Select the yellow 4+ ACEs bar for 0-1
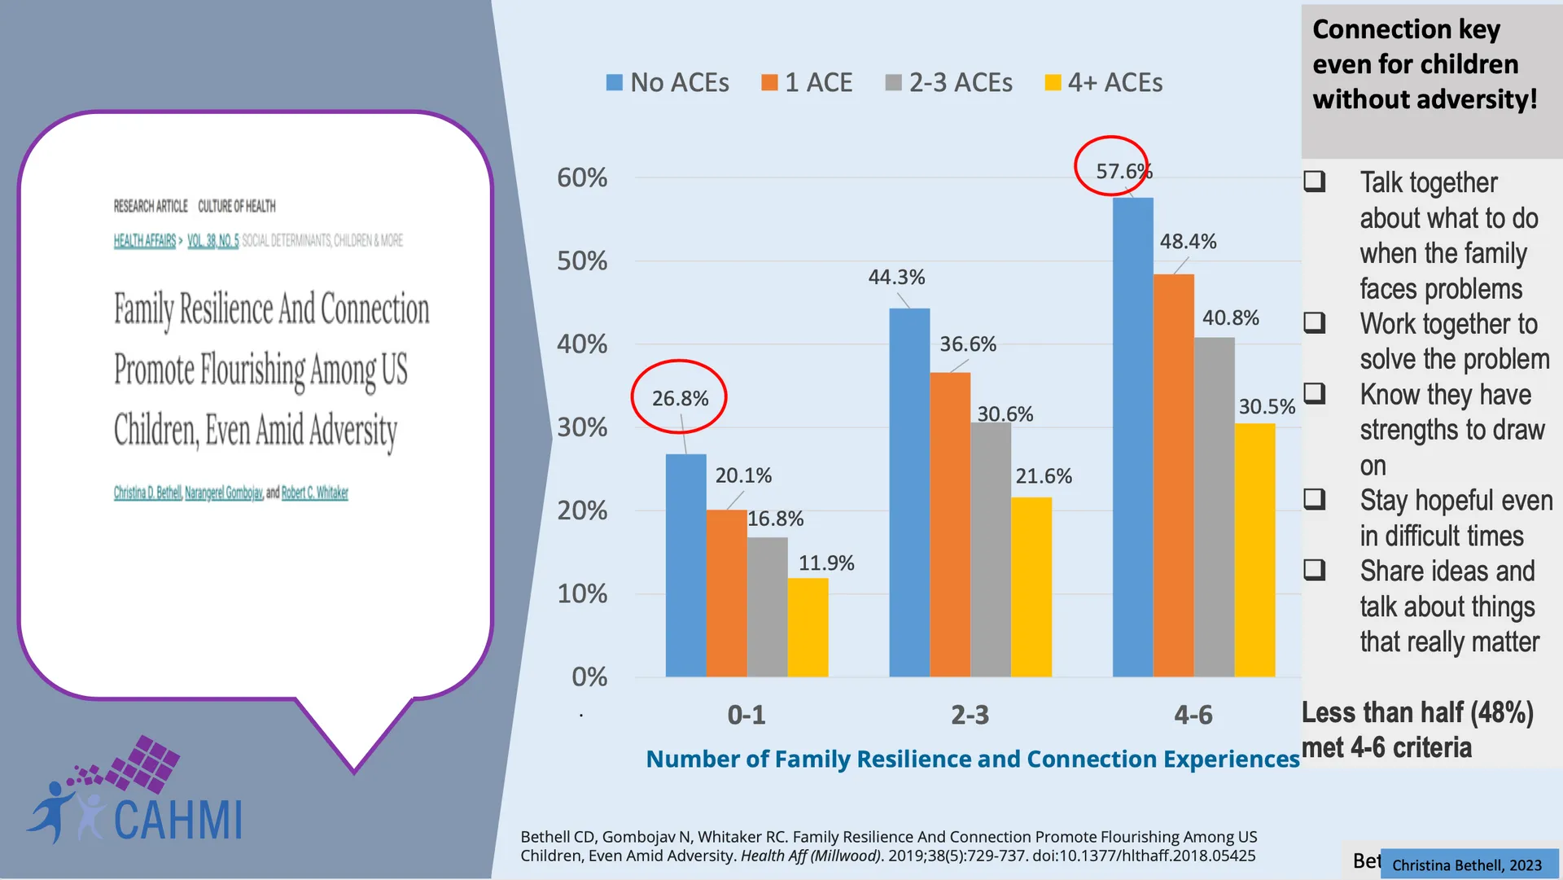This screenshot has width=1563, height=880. click(x=808, y=628)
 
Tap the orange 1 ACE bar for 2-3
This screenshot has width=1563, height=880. click(x=950, y=524)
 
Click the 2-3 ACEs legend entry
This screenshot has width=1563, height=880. click(x=949, y=83)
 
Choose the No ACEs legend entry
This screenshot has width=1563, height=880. click(x=668, y=83)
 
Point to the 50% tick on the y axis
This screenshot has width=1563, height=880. click(x=582, y=261)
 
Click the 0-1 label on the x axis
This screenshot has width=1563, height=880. click(x=746, y=715)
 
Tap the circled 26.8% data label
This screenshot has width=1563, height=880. click(x=680, y=398)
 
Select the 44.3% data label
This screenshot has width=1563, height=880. click(x=896, y=278)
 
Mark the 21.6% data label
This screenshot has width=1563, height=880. click(x=1044, y=476)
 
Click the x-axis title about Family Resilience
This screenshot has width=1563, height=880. click(x=972, y=759)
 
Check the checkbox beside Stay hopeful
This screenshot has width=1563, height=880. click(x=1315, y=499)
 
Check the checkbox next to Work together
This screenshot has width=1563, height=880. click(x=1315, y=323)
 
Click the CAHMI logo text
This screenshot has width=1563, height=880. click(x=177, y=820)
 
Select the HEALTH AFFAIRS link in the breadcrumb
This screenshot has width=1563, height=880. click(x=145, y=241)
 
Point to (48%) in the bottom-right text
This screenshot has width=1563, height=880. click(x=1502, y=712)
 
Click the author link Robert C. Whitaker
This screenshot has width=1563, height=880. click(x=315, y=493)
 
